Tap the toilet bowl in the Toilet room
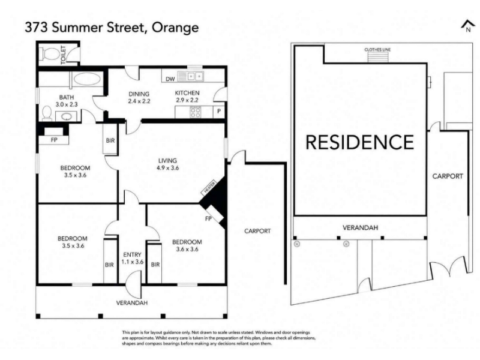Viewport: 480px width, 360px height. pyautogui.click(x=50, y=55)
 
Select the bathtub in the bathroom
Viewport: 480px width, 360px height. pyautogui.click(x=87, y=79)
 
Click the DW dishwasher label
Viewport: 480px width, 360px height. pyautogui.click(x=170, y=79)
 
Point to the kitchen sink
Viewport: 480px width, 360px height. pyautogui.click(x=191, y=76)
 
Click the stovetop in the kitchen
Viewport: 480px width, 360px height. pyautogui.click(x=196, y=112)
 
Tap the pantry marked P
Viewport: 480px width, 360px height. pyautogui.click(x=219, y=111)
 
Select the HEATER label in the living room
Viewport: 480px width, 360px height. pyautogui.click(x=209, y=187)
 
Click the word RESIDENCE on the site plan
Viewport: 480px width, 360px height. pyautogui.click(x=359, y=142)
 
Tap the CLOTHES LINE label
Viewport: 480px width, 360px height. pyautogui.click(x=377, y=50)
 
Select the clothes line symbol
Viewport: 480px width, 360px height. pyautogui.click(x=378, y=57)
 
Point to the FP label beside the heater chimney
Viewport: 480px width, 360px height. pyautogui.click(x=208, y=218)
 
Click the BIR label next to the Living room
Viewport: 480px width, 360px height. pyautogui.click(x=110, y=140)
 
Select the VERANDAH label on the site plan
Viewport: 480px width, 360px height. pyautogui.click(x=361, y=228)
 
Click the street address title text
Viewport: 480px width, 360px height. pyautogui.click(x=112, y=28)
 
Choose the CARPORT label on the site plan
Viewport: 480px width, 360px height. pyautogui.click(x=448, y=176)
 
